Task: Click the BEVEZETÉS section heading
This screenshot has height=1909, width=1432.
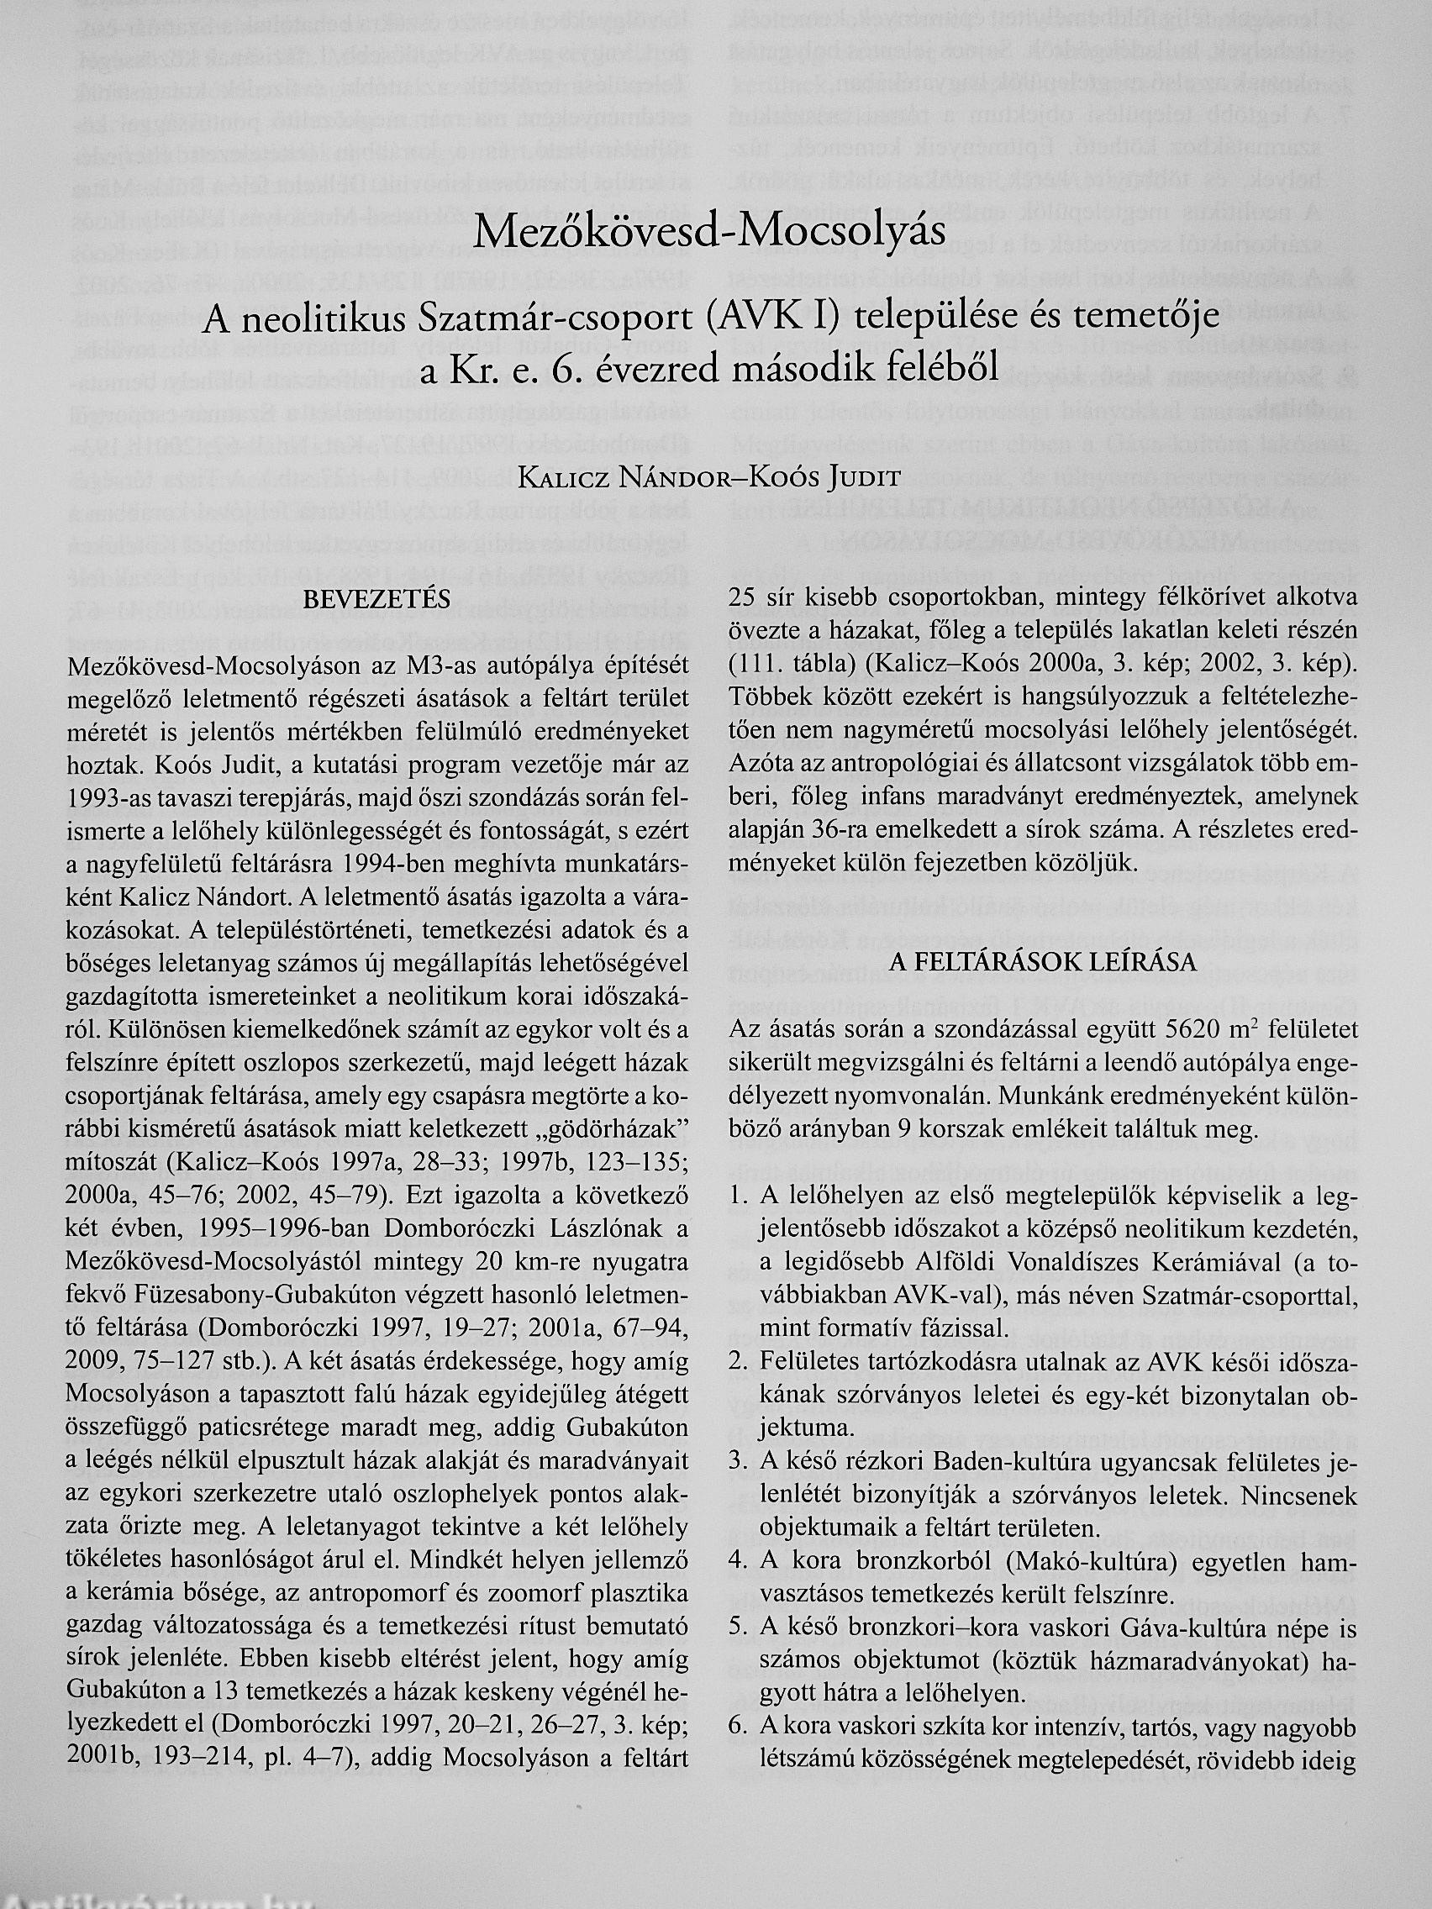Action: click(377, 598)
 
